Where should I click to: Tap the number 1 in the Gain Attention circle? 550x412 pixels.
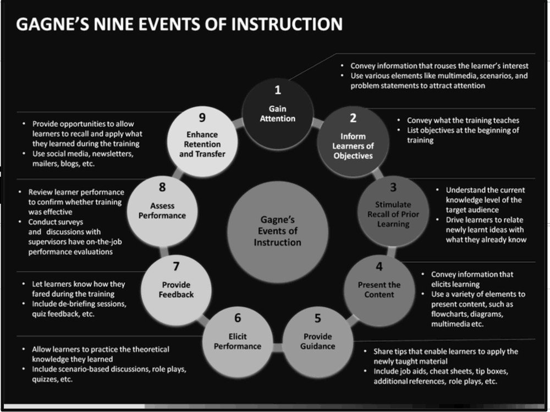[x=278, y=90]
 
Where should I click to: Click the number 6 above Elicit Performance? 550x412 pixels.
[x=238, y=318]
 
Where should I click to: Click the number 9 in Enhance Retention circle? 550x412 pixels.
[x=202, y=117]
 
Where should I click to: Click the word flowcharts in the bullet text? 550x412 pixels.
[x=452, y=314]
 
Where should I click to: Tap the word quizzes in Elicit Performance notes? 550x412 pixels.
[x=45, y=379]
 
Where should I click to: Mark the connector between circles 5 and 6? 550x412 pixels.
[x=278, y=347]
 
